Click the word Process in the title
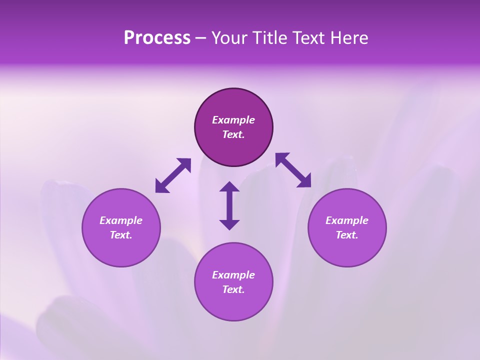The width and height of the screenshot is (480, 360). (157, 38)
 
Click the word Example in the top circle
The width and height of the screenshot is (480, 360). (233, 120)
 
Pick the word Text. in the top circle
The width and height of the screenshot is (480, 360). (233, 134)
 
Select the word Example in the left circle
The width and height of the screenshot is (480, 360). (121, 220)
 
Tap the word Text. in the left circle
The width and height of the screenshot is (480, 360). (121, 235)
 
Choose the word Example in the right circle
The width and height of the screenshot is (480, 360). (346, 220)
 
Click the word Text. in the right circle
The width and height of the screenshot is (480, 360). (346, 235)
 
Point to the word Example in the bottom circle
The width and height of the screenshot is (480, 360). (233, 275)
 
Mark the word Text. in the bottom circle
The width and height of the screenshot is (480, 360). (233, 289)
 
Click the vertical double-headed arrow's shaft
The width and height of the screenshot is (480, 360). (229, 205)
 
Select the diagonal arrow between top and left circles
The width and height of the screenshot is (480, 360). (173, 175)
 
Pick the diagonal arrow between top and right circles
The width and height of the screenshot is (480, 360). (293, 170)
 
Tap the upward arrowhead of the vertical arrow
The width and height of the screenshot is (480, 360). (229, 187)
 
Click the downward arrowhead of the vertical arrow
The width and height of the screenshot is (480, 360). (229, 224)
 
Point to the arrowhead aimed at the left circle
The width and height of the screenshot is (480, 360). (161, 187)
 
